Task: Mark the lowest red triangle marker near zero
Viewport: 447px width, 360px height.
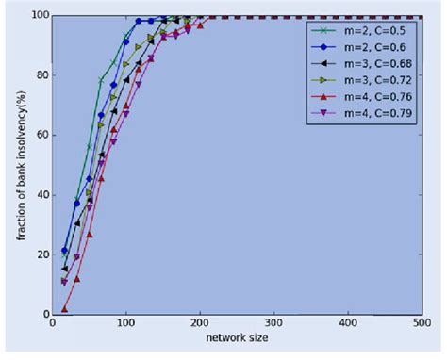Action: [65, 309]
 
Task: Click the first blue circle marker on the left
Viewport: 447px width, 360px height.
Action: [65, 250]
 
